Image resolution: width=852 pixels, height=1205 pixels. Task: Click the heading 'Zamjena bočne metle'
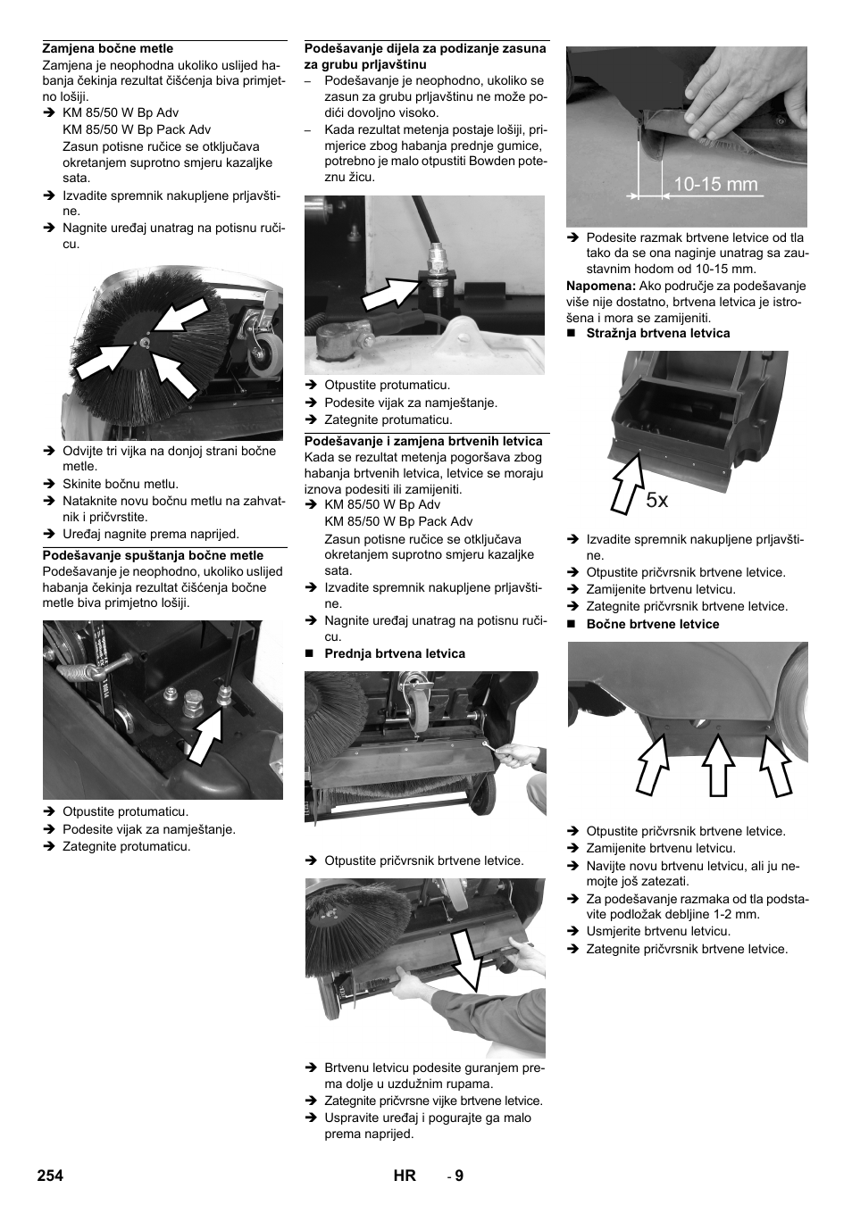[x=108, y=48]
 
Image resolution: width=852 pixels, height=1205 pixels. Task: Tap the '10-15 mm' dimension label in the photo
[x=715, y=185]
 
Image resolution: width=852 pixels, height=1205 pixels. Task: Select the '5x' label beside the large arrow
[x=657, y=501]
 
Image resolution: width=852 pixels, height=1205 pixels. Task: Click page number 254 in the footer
[x=50, y=1176]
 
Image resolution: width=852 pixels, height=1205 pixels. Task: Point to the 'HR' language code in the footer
[x=405, y=1176]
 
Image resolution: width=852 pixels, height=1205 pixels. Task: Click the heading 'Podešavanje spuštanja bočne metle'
[x=153, y=555]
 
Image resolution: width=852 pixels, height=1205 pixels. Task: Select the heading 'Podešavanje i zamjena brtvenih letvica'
[x=423, y=441]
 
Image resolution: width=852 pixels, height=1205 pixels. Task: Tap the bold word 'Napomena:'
[x=600, y=286]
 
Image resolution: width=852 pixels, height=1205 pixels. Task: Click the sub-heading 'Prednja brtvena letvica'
[x=394, y=653]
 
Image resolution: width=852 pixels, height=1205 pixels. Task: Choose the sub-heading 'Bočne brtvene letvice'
[x=652, y=624]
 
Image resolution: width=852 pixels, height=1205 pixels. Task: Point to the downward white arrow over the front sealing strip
[x=465, y=960]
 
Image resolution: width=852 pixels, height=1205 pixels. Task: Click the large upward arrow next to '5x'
[x=628, y=482]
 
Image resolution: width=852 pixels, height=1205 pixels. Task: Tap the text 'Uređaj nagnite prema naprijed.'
[x=151, y=534]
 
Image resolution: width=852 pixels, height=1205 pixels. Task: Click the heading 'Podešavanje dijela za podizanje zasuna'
[x=426, y=48]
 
